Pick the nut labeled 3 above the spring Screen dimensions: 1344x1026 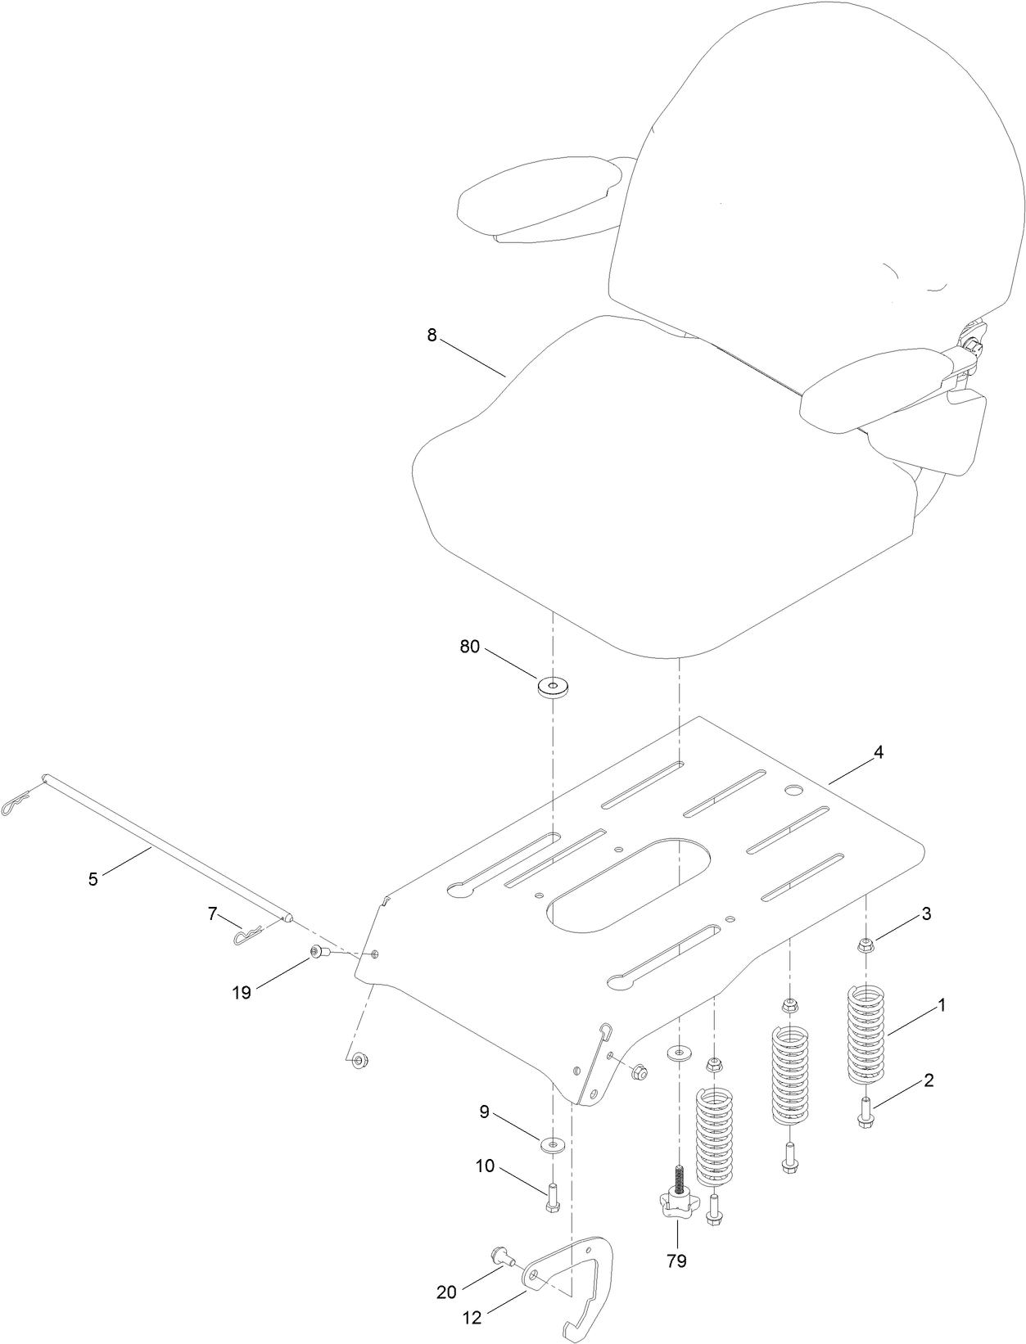click(866, 946)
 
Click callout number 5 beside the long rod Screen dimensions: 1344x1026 click(93, 879)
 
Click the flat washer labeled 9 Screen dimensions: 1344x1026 click(554, 1142)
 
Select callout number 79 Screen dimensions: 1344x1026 click(676, 1261)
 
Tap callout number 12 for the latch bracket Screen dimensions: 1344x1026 click(472, 1318)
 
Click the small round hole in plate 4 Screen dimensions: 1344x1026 click(793, 790)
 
